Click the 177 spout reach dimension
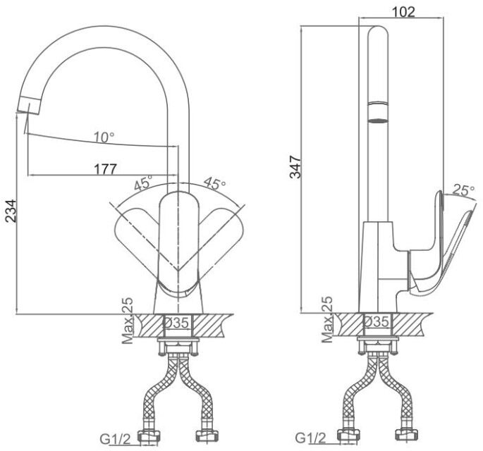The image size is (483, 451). point(105,169)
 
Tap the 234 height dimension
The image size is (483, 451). point(11,211)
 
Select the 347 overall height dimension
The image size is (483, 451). point(295,167)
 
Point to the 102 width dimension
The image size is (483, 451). point(403,12)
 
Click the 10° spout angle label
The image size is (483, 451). point(104,137)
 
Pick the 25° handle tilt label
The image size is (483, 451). point(463,190)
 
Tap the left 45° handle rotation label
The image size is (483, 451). point(143,183)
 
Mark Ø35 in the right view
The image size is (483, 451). point(377,322)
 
